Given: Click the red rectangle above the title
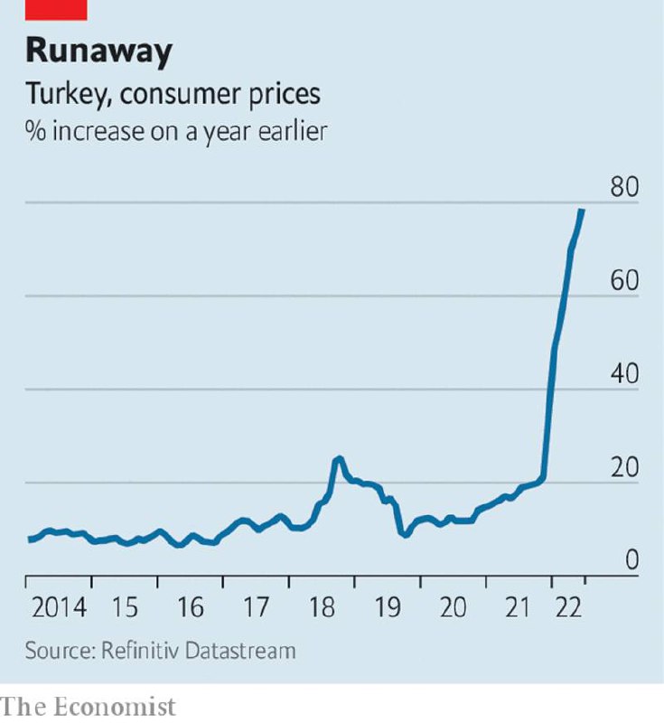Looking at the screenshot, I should (x=56, y=9).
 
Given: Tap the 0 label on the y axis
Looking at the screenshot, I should (x=631, y=561).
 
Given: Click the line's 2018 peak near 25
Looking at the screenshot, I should (x=338, y=458).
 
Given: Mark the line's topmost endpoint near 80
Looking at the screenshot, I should (x=583, y=210).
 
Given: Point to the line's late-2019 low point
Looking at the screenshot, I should (x=406, y=534).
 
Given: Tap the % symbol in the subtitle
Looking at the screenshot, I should (x=33, y=130).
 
